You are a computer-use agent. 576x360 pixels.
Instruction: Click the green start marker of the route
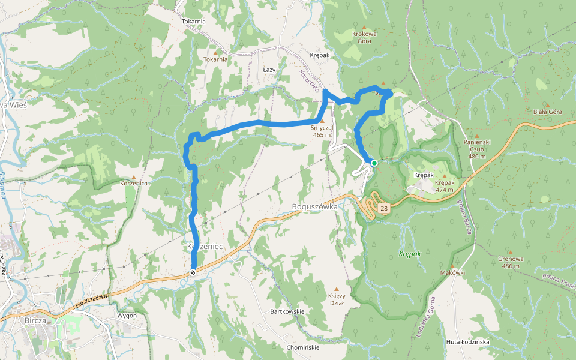click(x=374, y=163)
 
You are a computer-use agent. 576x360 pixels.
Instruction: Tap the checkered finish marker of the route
click(x=193, y=272)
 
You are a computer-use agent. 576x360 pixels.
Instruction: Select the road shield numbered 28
click(x=384, y=208)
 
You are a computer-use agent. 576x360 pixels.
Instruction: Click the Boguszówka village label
click(x=314, y=207)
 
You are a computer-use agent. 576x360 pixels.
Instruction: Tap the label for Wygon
click(x=127, y=316)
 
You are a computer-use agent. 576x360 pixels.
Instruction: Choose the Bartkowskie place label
click(x=287, y=311)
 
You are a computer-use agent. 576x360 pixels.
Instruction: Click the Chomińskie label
click(x=303, y=347)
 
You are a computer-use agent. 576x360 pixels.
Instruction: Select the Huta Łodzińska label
click(x=468, y=341)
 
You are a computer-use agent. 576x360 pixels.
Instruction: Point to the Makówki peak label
click(x=453, y=272)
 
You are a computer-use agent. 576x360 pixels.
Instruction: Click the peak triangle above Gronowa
click(x=510, y=253)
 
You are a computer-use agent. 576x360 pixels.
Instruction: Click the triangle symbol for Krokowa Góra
click(x=364, y=28)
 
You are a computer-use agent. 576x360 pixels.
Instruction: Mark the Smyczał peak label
click(x=322, y=127)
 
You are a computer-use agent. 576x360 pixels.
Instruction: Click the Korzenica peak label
click(x=134, y=183)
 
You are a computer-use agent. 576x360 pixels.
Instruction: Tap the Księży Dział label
click(x=336, y=299)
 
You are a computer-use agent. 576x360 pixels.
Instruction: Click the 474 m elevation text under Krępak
click(x=445, y=190)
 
